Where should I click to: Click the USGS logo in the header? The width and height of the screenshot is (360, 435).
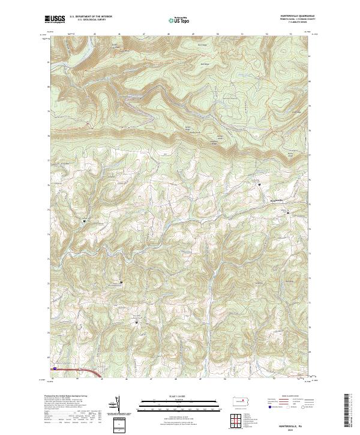click(x=55, y=20)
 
